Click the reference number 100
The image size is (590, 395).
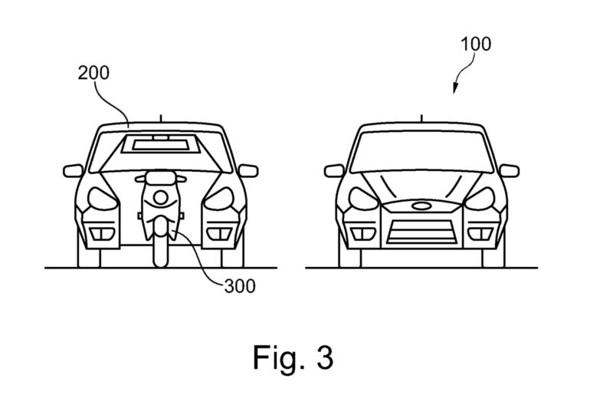coord(477,44)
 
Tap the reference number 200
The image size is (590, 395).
coord(93,74)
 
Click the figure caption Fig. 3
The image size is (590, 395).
coord(294,357)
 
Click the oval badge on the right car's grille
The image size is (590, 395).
coord(421,206)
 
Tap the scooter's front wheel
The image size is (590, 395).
coord(160,247)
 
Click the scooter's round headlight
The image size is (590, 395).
coord(160,196)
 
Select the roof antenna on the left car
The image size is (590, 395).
coord(160,118)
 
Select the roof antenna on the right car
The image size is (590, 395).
coord(421,118)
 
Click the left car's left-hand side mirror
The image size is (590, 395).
coord(73,170)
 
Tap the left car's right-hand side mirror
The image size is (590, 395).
coord(248,170)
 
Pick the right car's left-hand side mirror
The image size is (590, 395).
coord(333,170)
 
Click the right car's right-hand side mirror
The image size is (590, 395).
coord(510,170)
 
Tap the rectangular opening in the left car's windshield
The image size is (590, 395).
coord(160,143)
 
